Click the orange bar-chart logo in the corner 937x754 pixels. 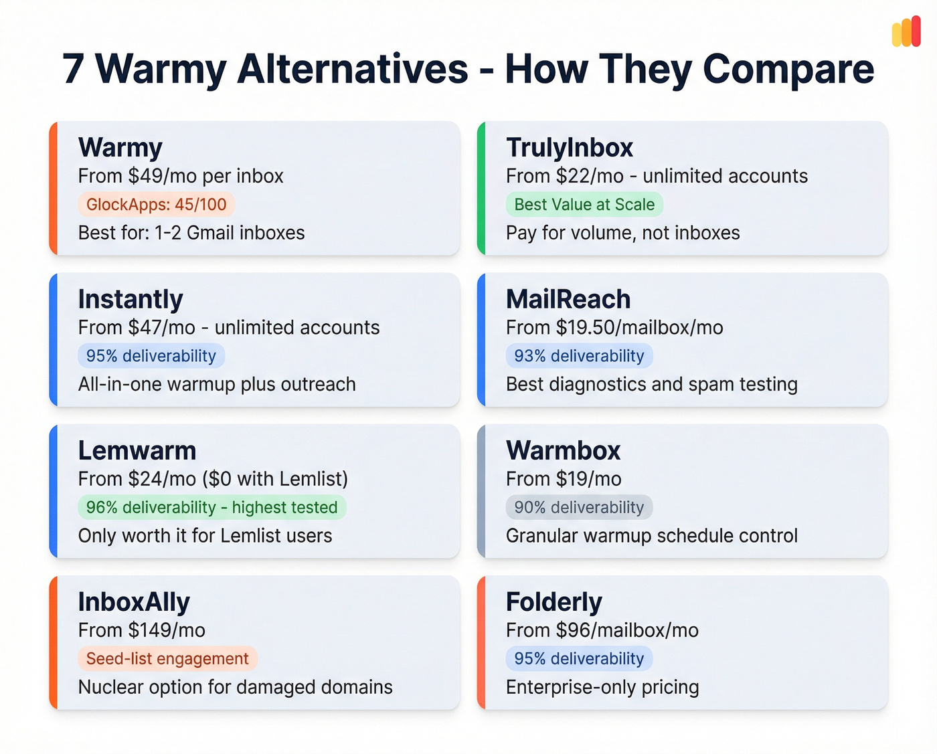click(x=906, y=31)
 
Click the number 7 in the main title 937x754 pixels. click(x=74, y=69)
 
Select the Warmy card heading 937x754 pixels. click(x=120, y=148)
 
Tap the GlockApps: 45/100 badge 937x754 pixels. click(x=156, y=205)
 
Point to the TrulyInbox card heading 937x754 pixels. click(x=570, y=148)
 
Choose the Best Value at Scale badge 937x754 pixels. click(x=584, y=205)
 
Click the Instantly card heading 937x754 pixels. click(x=131, y=299)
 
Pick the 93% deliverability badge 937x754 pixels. click(x=579, y=356)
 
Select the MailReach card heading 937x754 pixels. click(x=568, y=299)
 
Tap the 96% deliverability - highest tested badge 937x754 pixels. click(x=211, y=507)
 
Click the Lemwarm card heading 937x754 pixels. click(x=137, y=451)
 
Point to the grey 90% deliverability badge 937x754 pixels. click(x=579, y=507)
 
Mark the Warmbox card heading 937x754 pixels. click(x=564, y=451)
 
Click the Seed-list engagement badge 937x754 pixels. click(x=167, y=659)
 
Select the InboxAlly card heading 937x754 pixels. click(x=134, y=602)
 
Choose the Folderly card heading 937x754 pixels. click(x=554, y=602)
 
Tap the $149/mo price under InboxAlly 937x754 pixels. click(x=167, y=630)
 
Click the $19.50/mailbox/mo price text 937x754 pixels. click(x=639, y=328)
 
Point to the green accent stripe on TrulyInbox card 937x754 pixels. click(x=481, y=188)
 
